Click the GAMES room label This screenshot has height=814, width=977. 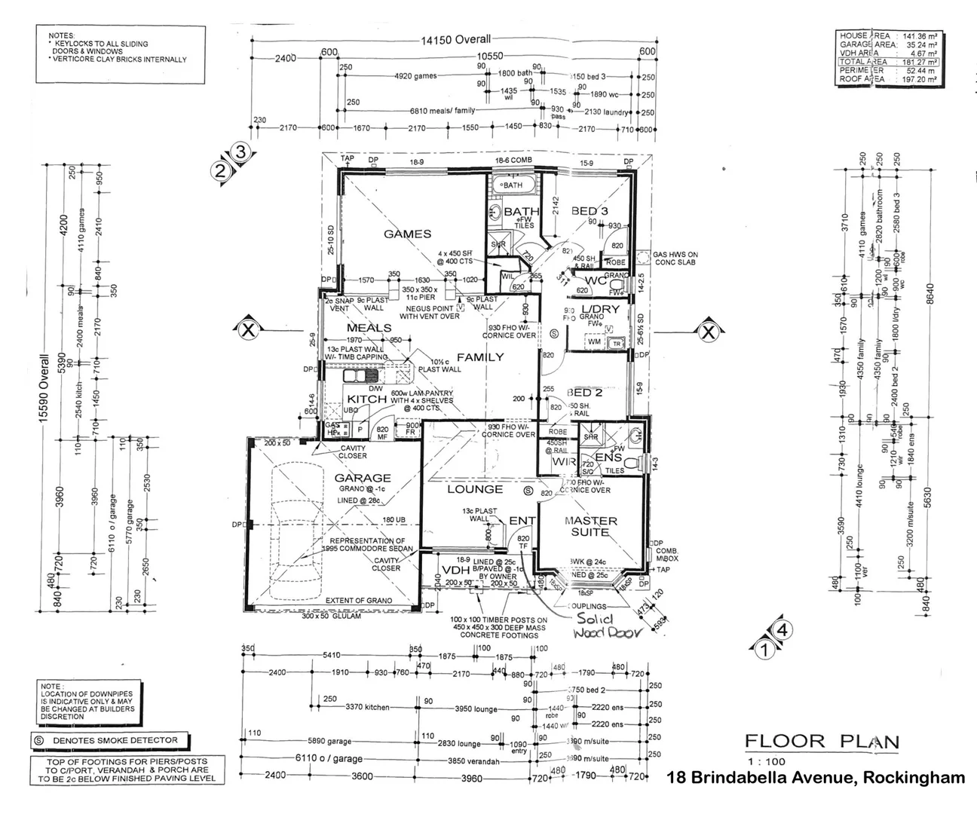[407, 234]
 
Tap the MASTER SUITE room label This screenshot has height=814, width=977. [590, 526]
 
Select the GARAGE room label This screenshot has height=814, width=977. [363, 478]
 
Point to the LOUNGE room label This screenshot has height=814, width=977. [475, 489]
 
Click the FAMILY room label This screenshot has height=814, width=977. [479, 357]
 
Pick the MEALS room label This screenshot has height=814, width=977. [369, 328]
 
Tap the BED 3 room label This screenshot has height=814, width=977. [590, 211]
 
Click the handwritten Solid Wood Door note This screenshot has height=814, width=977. [605, 626]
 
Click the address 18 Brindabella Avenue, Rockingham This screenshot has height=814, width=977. [816, 778]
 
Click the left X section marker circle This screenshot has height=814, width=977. [247, 329]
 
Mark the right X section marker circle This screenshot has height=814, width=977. [707, 331]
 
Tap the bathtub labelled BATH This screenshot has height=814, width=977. [513, 185]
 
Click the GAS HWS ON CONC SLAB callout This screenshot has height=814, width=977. [675, 259]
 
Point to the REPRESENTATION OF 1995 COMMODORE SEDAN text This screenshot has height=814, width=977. [367, 545]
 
